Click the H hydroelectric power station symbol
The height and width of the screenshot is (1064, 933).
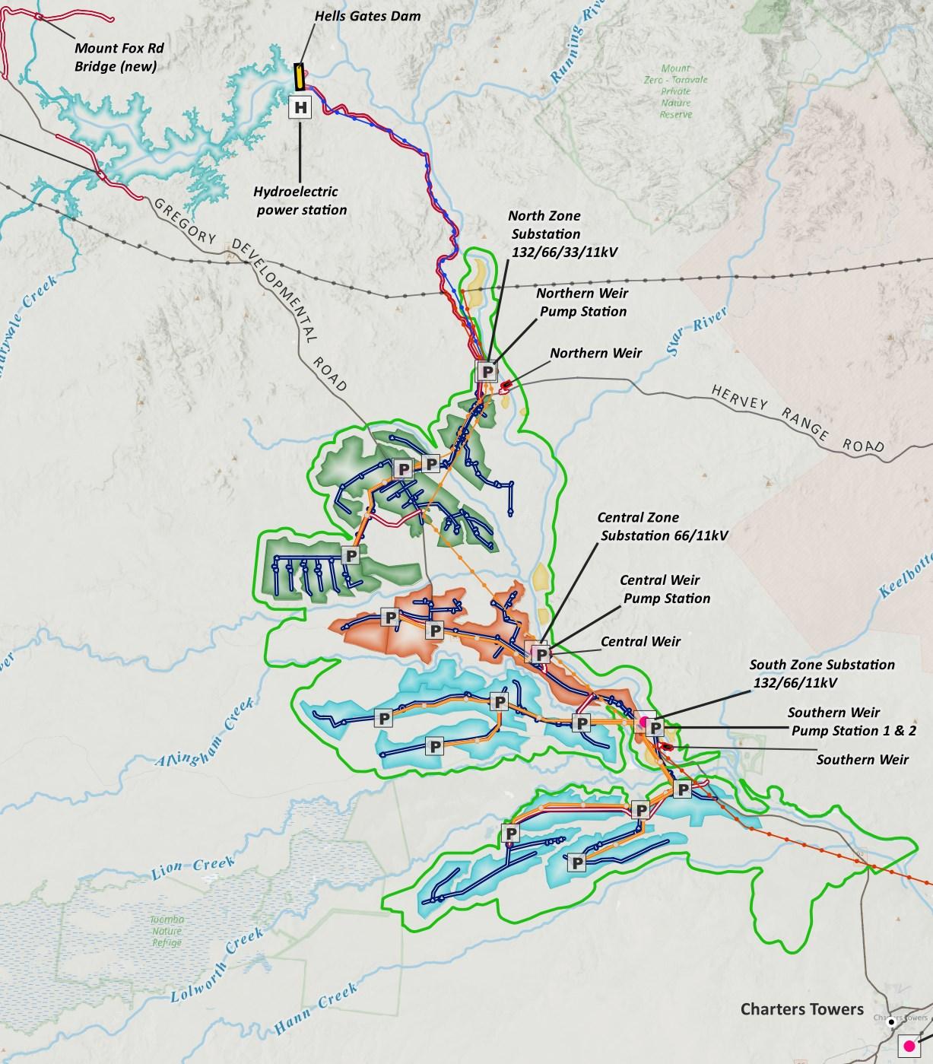click(301, 107)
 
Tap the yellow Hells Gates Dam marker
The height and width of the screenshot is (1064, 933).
click(300, 76)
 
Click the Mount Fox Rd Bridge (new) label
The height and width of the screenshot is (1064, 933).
click(119, 57)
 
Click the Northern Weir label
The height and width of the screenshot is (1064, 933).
click(595, 353)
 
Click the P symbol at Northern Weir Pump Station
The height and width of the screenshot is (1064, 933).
click(487, 371)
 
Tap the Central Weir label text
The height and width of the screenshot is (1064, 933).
click(640, 641)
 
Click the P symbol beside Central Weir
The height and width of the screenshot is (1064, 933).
click(541, 653)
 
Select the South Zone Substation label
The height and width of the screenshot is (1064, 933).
click(821, 673)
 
